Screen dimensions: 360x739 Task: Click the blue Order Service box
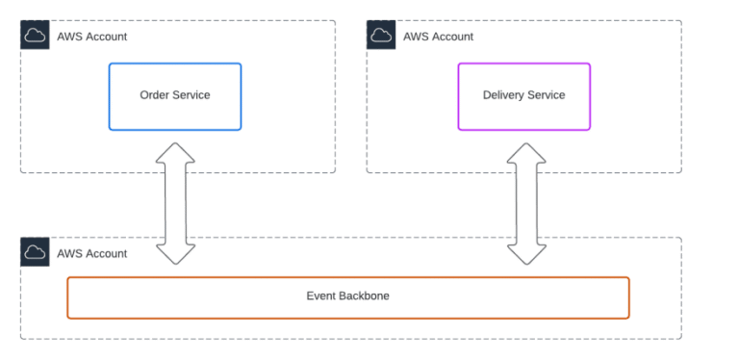pyautogui.click(x=174, y=96)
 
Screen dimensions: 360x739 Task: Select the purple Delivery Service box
pyautogui.click(x=523, y=96)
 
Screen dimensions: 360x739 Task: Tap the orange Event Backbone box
pyautogui.click(x=347, y=297)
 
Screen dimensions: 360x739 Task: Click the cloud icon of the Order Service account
pyautogui.click(x=35, y=36)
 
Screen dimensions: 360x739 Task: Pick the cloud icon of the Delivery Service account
pyautogui.click(x=381, y=36)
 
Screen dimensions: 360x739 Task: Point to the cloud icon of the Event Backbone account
pyautogui.click(x=35, y=253)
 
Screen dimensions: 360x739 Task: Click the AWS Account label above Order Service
pyautogui.click(x=91, y=37)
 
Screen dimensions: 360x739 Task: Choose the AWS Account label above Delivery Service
pyautogui.click(x=438, y=37)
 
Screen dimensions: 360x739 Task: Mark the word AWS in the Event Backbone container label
pyautogui.click(x=69, y=254)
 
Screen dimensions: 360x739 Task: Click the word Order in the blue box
pyautogui.click(x=155, y=95)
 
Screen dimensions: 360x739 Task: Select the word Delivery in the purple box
pyautogui.click(x=502, y=95)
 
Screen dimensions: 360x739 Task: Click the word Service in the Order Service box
pyautogui.click(x=191, y=95)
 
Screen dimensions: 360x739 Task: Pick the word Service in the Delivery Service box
pyautogui.click(x=546, y=95)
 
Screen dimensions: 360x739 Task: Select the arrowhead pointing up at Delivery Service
pyautogui.click(x=524, y=154)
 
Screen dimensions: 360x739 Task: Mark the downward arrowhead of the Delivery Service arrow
pyautogui.click(x=524, y=252)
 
